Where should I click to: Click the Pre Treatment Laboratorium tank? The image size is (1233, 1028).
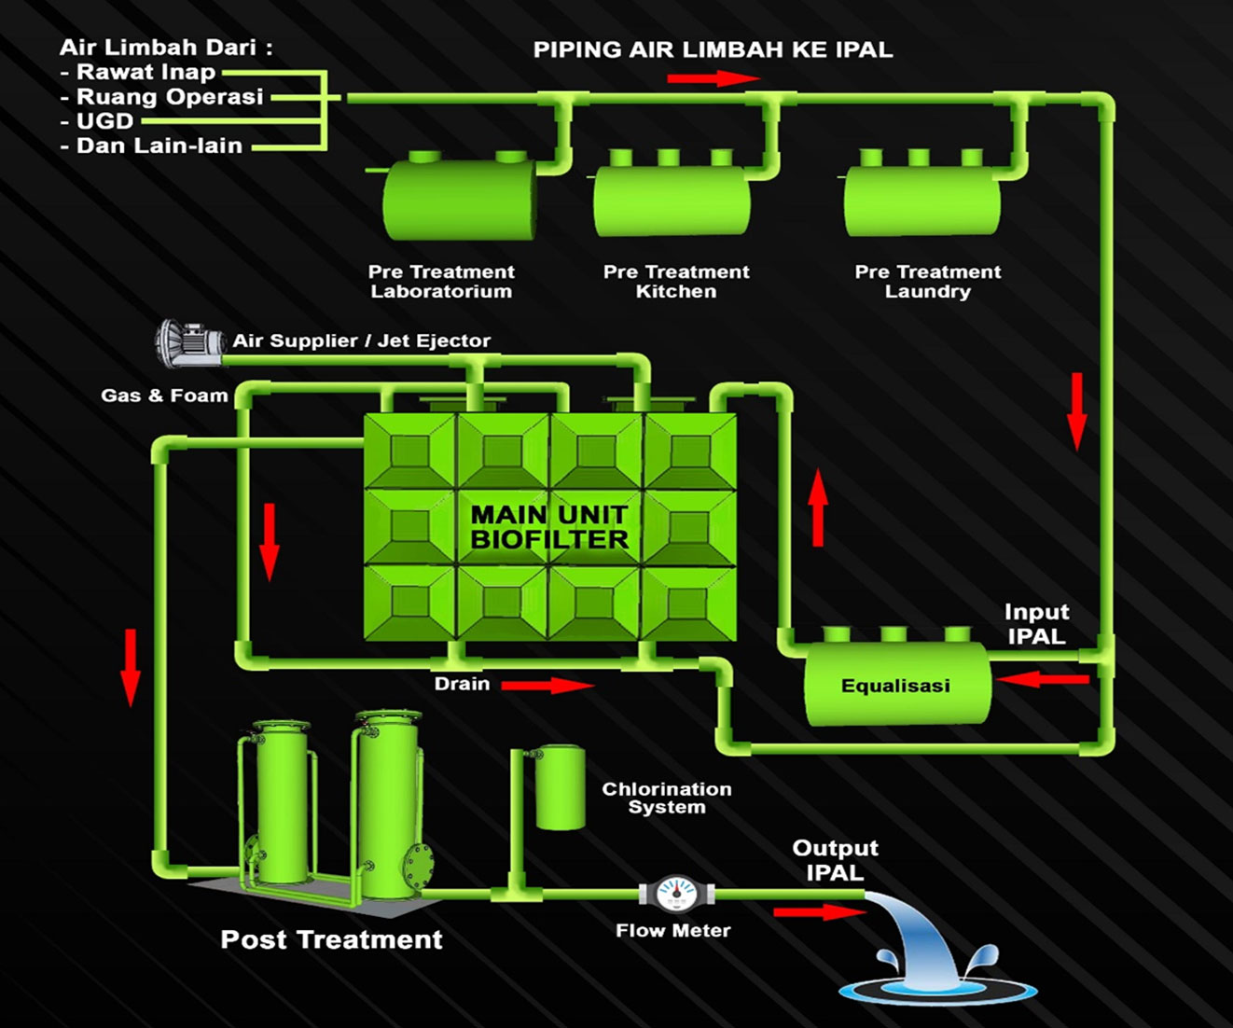pyautogui.click(x=460, y=200)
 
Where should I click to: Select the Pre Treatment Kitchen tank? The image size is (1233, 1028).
pyautogui.click(x=672, y=200)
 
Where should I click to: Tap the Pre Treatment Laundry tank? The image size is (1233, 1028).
pyautogui.click(x=922, y=200)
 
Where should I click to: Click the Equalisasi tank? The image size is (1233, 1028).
pyautogui.click(x=896, y=685)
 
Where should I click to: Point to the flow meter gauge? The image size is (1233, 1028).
pyautogui.click(x=676, y=893)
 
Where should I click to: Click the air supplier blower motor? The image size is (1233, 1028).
pyautogui.click(x=189, y=342)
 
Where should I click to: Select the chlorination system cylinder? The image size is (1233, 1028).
pyautogui.click(x=560, y=787)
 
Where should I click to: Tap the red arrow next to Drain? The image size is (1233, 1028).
pyautogui.click(x=547, y=686)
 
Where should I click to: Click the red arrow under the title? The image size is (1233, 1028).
pyautogui.click(x=713, y=78)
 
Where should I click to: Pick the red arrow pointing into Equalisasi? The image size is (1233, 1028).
pyautogui.click(x=1043, y=678)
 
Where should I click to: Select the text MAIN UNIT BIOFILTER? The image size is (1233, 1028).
pyautogui.click(x=549, y=527)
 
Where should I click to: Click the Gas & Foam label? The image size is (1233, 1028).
pyautogui.click(x=164, y=396)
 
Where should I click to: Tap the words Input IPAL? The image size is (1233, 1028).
pyautogui.click(x=1036, y=624)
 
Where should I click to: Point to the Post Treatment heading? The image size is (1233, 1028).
pyautogui.click(x=331, y=939)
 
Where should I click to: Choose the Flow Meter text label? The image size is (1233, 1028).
pyautogui.click(x=672, y=930)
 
